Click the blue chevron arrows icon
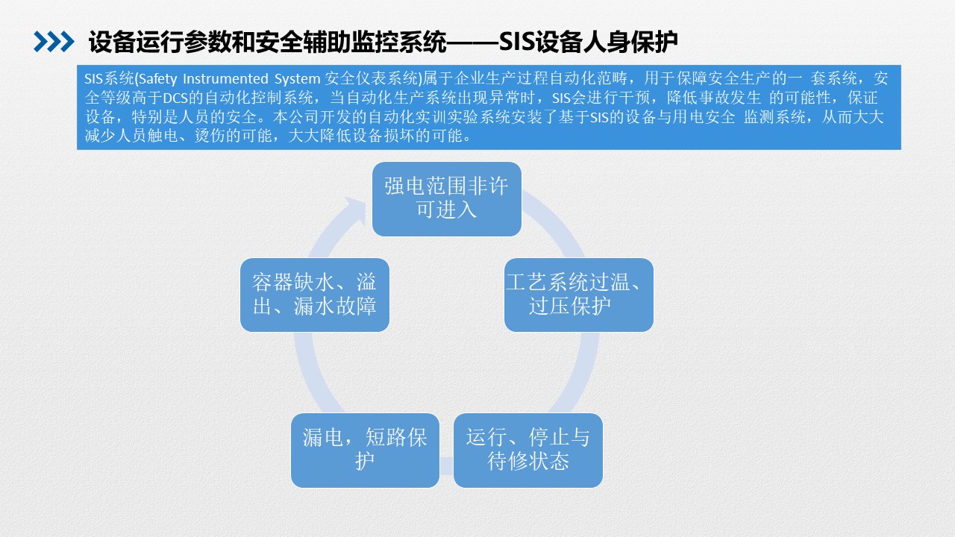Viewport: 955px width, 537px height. click(54, 42)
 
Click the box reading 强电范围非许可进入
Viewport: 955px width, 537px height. click(447, 199)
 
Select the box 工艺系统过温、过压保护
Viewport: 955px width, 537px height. click(579, 295)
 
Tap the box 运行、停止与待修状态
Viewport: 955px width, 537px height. click(528, 450)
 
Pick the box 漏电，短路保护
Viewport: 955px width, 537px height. click(366, 450)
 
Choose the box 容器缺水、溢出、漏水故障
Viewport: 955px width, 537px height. click(315, 295)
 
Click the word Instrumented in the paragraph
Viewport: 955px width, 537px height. click(225, 79)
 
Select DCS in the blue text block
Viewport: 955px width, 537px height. click(175, 98)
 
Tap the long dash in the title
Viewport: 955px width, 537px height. click(472, 43)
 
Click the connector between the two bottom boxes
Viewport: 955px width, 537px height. click(446, 466)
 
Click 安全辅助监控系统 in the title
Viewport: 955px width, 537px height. click(351, 42)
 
